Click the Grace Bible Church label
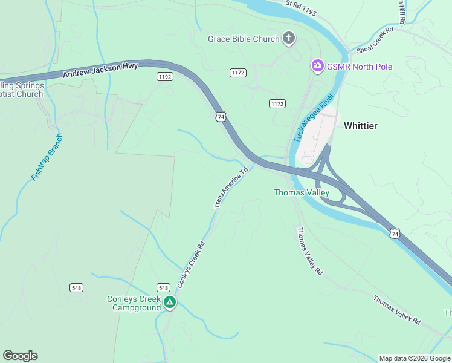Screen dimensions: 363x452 (x=244, y=39)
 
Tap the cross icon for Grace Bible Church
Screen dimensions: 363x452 (x=289, y=39)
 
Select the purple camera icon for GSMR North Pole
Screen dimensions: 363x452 (x=317, y=66)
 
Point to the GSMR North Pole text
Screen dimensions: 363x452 (x=360, y=67)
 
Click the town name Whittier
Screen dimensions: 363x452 (x=361, y=126)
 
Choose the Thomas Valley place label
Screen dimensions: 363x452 (x=302, y=193)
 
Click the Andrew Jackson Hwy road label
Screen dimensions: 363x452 (x=100, y=70)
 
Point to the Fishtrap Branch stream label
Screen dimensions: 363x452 (x=47, y=157)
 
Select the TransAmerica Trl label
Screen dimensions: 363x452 (x=231, y=188)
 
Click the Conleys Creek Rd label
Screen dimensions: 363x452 (x=192, y=264)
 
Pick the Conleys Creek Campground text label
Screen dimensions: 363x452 (x=134, y=303)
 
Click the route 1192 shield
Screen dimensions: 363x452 (x=164, y=76)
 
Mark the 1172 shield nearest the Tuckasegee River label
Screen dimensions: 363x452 (x=277, y=104)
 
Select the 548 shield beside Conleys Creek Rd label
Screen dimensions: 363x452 (x=163, y=287)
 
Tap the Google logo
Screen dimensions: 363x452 (x=20, y=356)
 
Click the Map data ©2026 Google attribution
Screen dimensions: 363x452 (x=414, y=358)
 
